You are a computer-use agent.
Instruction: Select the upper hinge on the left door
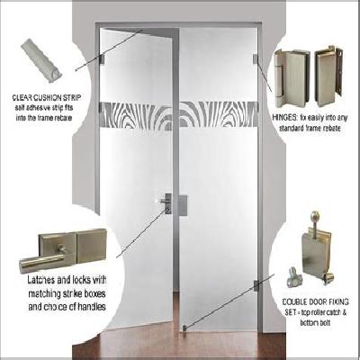(x=103, y=60)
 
